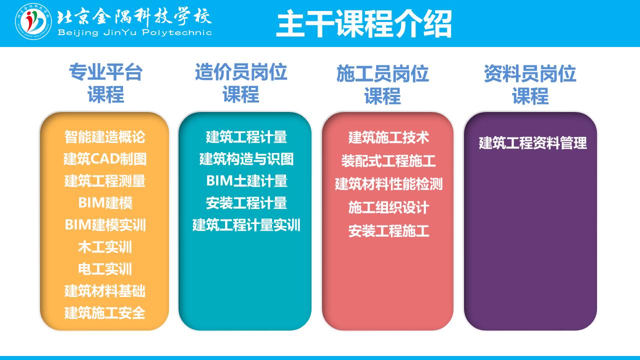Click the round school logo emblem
(33, 21)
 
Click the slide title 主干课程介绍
(363, 23)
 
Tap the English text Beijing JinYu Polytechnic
(134, 32)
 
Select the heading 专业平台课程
(105, 83)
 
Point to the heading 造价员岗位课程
(241, 83)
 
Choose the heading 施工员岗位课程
(382, 84)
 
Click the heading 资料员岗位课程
(530, 84)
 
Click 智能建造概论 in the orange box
(105, 137)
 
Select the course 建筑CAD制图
(105, 159)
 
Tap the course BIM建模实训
(105, 225)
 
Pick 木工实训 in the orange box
(105, 247)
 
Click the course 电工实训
(105, 269)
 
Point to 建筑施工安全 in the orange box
(105, 313)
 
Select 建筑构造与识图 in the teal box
(246, 159)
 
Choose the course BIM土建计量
(246, 181)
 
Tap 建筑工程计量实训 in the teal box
(246, 225)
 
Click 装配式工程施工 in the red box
(388, 161)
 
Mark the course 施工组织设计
(388, 207)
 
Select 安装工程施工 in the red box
(388, 231)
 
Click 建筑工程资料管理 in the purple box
(532, 143)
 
